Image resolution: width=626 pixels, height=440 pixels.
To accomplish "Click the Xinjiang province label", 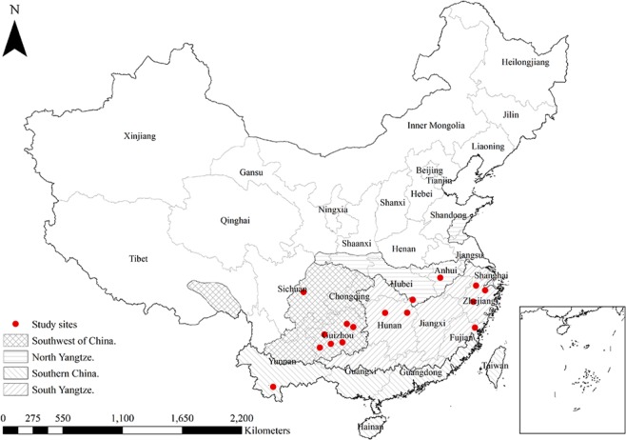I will pos(139,136).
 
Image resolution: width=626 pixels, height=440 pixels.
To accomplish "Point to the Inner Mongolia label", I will pos(436,126).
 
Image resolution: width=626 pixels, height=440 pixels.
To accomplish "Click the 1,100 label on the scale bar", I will pos(122,417).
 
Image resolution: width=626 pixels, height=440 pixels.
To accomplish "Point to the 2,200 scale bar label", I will pos(242,417).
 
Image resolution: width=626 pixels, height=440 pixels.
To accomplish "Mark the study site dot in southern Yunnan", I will pos(274,386).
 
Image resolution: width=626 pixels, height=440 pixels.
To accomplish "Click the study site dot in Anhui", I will pos(440,278).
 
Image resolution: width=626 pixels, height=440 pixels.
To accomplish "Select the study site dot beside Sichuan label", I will pos(303,291).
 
